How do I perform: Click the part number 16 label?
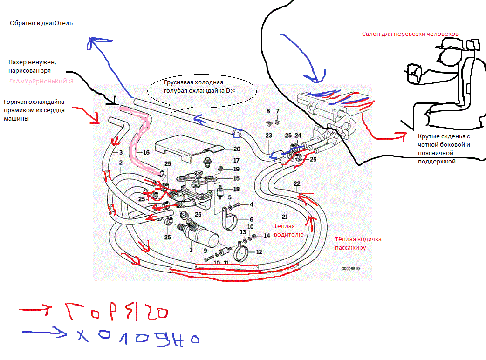146,152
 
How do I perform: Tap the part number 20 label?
237,149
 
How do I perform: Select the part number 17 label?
236,161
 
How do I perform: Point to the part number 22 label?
297,183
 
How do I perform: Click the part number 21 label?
285,217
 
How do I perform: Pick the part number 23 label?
269,136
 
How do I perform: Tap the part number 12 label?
259,252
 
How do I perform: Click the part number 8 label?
268,111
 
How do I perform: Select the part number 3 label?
121,152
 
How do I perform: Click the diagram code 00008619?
351,269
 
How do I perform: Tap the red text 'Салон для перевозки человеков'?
410,34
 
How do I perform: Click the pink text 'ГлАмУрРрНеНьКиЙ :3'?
41,82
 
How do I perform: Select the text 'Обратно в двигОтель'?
41,23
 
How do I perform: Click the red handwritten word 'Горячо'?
116,312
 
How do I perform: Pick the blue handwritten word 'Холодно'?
138,337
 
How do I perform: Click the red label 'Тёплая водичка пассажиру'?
358,243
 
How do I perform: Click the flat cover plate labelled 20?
189,148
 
